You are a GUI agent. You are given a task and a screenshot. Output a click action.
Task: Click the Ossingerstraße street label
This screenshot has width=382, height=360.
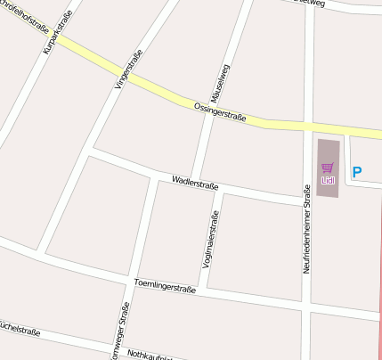coord(219,110)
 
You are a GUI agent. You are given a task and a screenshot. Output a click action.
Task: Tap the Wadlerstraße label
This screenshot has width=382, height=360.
coord(195,183)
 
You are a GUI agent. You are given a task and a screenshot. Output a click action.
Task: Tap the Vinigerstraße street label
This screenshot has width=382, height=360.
coord(128,70)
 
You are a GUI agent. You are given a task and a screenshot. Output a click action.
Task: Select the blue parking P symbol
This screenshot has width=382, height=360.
coord(357,173)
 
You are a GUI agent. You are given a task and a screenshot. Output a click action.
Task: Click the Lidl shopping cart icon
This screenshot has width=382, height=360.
coord(327,167)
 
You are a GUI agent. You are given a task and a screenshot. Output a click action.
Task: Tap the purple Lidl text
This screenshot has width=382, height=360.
coord(327,179)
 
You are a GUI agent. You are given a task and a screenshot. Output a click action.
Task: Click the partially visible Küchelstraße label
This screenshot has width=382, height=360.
coord(20,327)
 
